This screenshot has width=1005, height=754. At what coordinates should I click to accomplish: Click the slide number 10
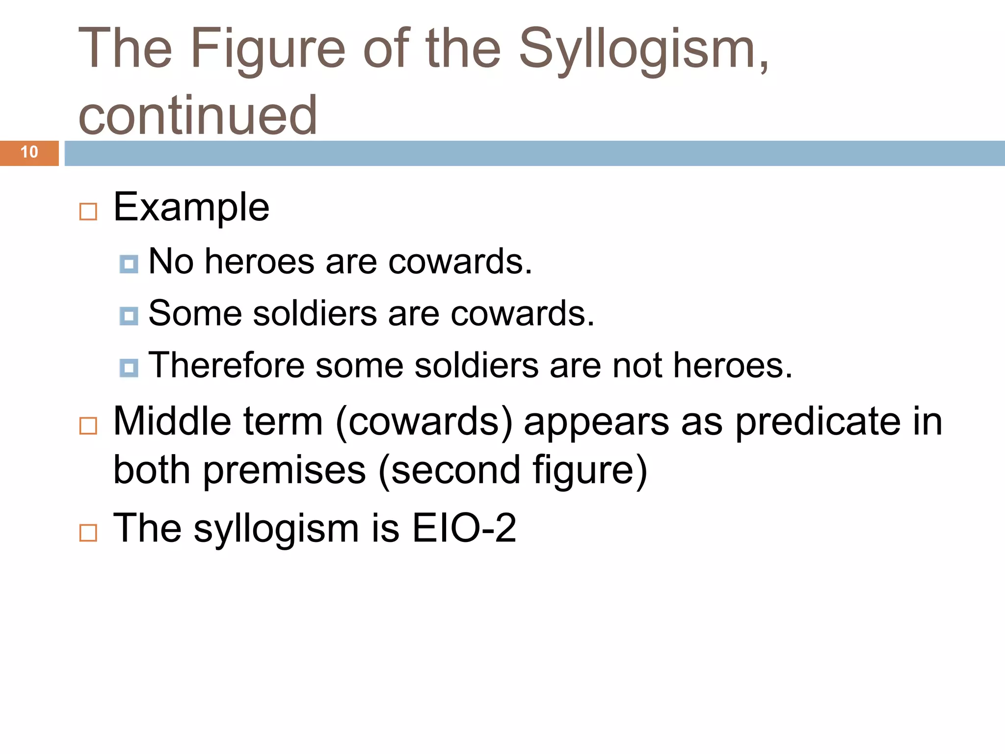(x=29, y=152)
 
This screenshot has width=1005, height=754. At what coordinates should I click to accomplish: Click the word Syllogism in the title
(x=643, y=49)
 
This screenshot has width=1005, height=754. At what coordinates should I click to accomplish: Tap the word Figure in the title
(x=267, y=49)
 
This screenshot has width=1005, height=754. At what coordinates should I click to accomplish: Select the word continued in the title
(x=198, y=115)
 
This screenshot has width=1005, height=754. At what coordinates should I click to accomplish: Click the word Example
(x=191, y=207)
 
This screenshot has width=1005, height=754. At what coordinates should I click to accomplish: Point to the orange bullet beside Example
(x=88, y=212)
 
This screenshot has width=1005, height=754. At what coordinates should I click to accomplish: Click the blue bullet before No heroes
(x=129, y=264)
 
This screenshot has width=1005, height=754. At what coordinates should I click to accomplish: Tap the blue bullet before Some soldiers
(x=129, y=316)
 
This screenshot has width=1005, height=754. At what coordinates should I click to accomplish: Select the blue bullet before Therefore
(x=129, y=368)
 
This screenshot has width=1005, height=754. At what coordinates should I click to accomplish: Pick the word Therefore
(x=226, y=365)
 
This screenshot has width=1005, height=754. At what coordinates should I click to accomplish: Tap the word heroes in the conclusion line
(x=732, y=365)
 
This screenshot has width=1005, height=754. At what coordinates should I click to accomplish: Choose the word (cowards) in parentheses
(x=424, y=422)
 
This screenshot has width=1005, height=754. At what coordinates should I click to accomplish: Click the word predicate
(x=818, y=422)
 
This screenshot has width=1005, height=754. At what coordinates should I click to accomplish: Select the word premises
(x=285, y=470)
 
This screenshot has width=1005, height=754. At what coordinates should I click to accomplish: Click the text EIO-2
(x=464, y=528)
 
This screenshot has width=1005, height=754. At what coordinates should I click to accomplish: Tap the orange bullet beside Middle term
(x=88, y=426)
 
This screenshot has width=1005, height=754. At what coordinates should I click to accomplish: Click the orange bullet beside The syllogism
(x=88, y=533)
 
